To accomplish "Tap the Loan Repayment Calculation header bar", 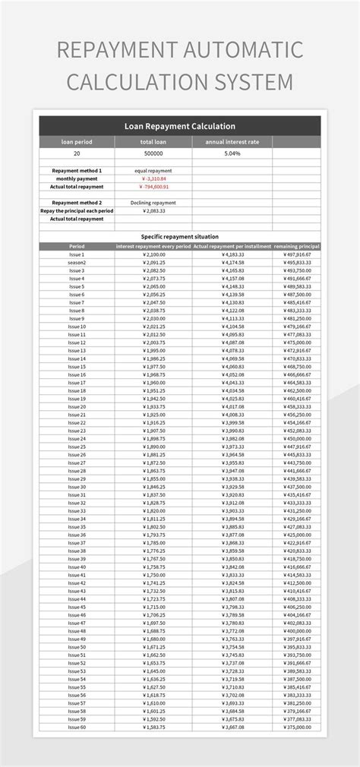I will (179, 126).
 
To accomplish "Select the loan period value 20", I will (76, 153).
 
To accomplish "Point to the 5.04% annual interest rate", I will (232, 153).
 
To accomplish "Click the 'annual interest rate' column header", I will (232, 142).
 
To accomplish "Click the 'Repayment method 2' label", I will (77, 203).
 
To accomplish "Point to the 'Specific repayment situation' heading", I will (179, 236).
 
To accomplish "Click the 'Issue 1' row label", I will (77, 254).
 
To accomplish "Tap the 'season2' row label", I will (77, 262).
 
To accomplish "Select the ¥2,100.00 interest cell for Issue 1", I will (154, 254).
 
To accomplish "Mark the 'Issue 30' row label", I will (77, 486).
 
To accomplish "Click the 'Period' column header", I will (77, 246).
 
